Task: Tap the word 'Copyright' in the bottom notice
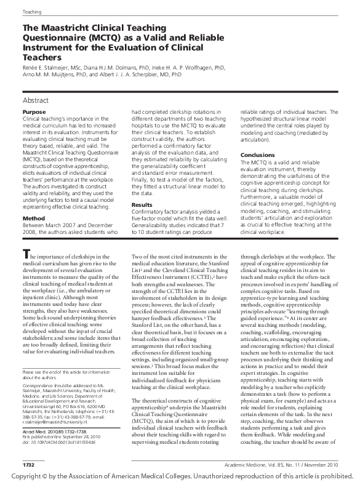[x=23, y=475]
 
